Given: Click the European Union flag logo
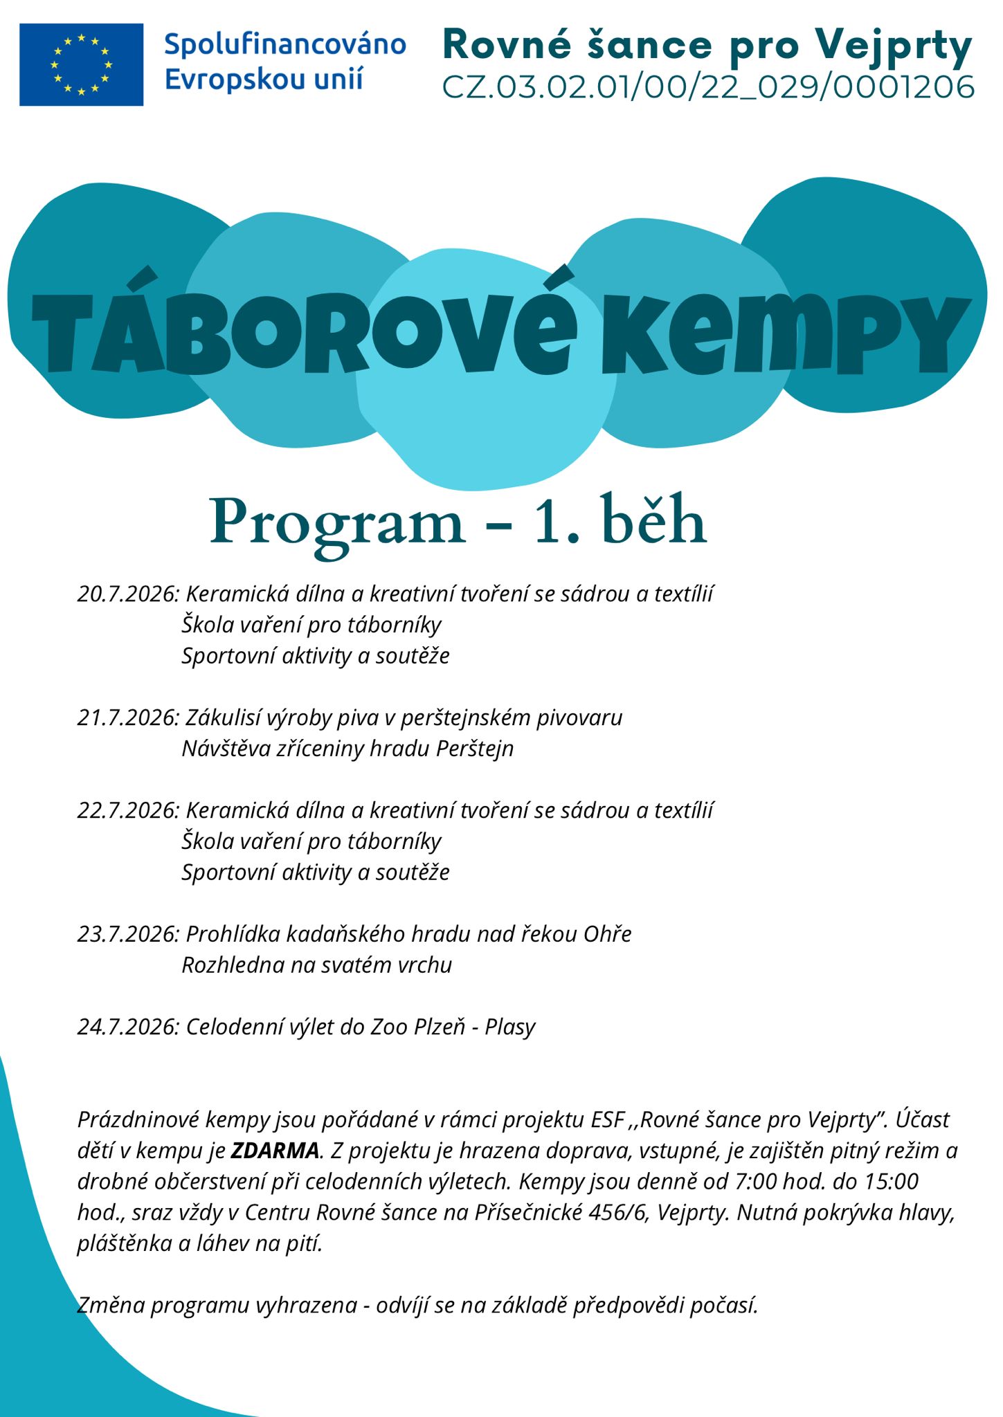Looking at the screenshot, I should click(x=81, y=64).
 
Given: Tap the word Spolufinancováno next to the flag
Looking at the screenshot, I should click(x=284, y=44).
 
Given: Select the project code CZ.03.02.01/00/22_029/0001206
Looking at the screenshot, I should click(x=708, y=88).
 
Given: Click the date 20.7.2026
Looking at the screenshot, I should click(x=127, y=594).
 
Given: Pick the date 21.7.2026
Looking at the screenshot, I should click(x=127, y=717).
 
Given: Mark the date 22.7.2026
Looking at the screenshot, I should click(x=127, y=810).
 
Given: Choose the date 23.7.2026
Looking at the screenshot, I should click(x=127, y=934).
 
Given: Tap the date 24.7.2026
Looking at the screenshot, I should click(x=127, y=1027).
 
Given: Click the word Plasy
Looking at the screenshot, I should click(x=510, y=1027).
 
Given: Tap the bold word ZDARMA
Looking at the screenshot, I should click(x=275, y=1151).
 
